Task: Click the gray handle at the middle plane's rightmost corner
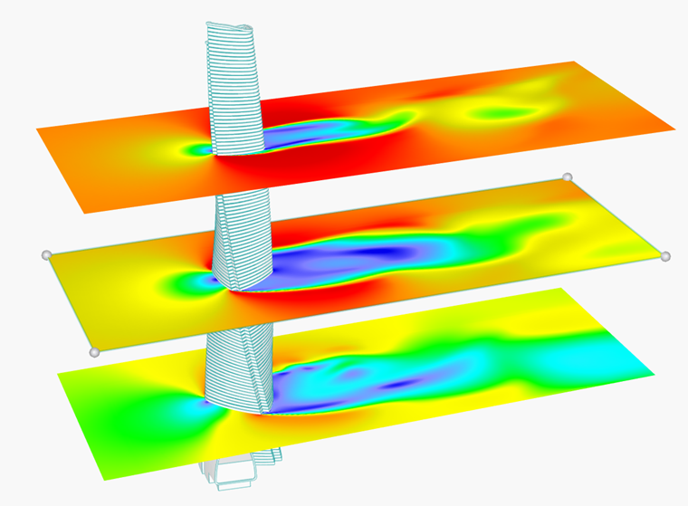[x=665, y=256]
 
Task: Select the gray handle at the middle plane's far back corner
[x=568, y=177]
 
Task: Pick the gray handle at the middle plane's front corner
[x=94, y=351]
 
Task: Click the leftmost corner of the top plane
[x=36, y=129]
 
